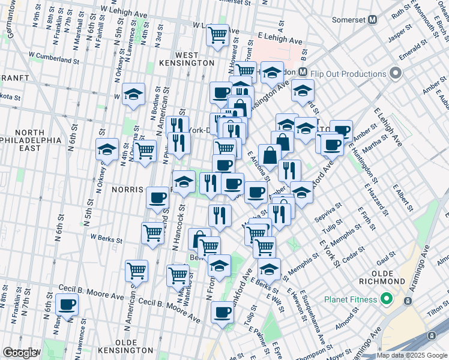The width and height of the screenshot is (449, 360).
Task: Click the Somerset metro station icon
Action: point(373,19)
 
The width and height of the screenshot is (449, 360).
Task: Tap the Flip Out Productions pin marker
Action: point(395,74)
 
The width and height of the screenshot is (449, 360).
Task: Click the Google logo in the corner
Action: point(20,353)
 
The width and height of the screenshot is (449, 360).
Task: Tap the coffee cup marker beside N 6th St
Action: point(67,304)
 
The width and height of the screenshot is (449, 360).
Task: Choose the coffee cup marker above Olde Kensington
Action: point(222,313)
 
